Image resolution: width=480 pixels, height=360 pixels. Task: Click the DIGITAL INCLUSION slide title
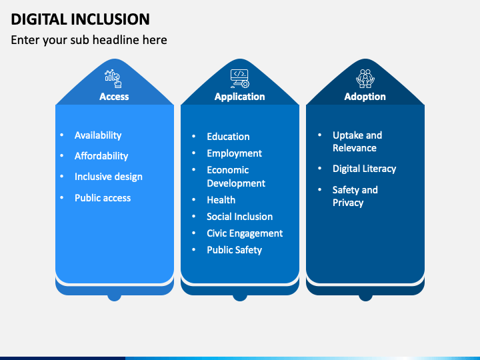[81, 19]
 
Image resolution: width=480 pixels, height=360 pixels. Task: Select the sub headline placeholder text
[89, 40]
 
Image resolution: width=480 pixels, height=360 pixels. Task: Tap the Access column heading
[114, 97]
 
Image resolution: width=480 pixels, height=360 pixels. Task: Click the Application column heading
[239, 97]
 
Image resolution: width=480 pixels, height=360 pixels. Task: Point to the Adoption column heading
[365, 97]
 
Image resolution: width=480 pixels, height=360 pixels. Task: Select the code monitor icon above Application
[239, 79]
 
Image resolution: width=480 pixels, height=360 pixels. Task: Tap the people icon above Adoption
[365, 79]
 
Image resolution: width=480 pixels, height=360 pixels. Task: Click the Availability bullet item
[98, 135]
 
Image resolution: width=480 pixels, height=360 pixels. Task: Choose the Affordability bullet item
[101, 156]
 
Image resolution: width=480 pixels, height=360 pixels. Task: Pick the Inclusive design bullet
[108, 177]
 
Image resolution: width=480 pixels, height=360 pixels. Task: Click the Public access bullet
[103, 198]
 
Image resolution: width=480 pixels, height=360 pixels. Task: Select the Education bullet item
[228, 137]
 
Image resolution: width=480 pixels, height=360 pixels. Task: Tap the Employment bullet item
[234, 153]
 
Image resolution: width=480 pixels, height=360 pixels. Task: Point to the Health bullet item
[221, 200]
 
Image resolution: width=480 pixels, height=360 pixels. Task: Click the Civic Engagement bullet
[245, 233]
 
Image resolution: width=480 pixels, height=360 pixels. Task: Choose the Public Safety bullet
[234, 250]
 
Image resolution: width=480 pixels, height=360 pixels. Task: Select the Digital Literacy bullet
[364, 169]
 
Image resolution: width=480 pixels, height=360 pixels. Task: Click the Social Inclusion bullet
[239, 217]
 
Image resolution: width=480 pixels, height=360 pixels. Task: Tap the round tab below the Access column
[114, 295]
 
